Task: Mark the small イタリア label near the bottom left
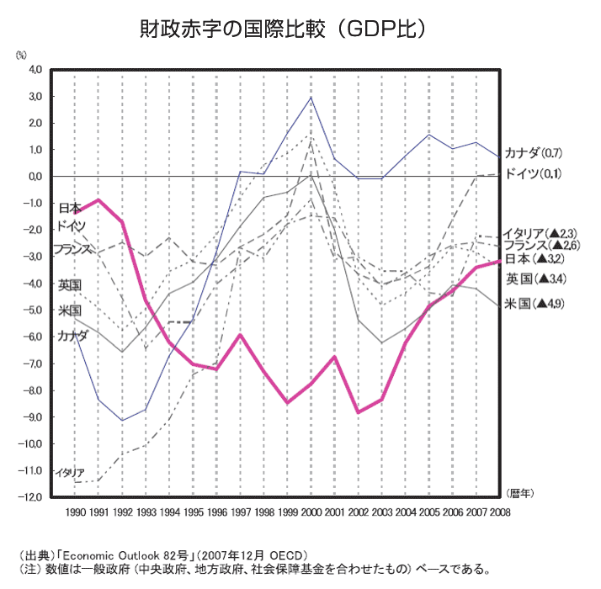pos(69,473)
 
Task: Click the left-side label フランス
pos(72,249)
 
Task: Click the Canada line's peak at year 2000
pos(311,97)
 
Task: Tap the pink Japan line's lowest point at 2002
pos(359,411)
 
